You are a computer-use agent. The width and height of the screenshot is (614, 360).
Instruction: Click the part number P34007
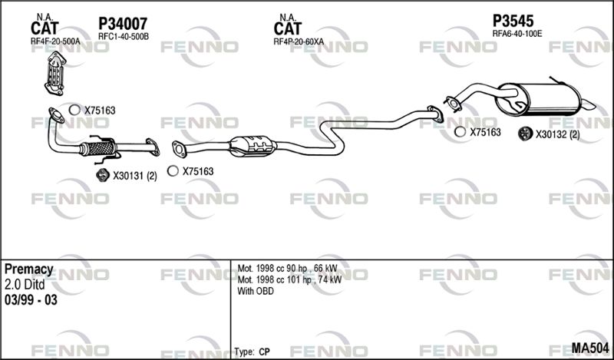coord(123,24)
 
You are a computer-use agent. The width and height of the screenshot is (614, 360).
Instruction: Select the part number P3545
coord(513,21)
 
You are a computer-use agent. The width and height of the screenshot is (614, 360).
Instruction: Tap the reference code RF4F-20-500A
coord(55,41)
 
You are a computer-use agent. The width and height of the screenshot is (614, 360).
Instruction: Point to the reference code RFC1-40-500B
coord(124,36)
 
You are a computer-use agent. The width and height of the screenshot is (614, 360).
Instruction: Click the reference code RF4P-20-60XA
coord(299,41)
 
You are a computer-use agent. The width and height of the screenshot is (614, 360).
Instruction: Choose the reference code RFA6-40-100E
coord(517,34)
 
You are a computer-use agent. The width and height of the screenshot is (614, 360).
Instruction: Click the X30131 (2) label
coord(135,177)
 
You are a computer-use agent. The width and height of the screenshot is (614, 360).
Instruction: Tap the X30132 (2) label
coord(558,135)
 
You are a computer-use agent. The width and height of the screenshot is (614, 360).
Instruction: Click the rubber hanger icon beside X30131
coord(103,175)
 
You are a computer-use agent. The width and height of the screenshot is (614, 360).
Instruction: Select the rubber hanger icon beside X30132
coord(524,134)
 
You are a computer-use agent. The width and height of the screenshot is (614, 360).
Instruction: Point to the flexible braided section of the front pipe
coord(97,148)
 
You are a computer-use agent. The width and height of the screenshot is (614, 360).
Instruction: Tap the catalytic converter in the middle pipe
coord(251,146)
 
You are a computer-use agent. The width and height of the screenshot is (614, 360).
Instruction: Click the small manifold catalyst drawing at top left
coord(55,73)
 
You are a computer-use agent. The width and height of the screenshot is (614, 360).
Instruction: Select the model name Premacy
coord(28,269)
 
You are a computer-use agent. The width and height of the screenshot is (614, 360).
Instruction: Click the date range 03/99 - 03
coord(31,300)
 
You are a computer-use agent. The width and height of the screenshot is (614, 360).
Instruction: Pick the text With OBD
coord(256,291)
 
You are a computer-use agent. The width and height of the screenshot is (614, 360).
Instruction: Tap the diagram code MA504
coord(590,348)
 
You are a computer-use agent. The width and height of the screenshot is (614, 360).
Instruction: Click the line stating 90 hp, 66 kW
coord(287,269)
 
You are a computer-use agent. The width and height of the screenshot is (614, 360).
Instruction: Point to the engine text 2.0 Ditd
coord(25,284)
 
